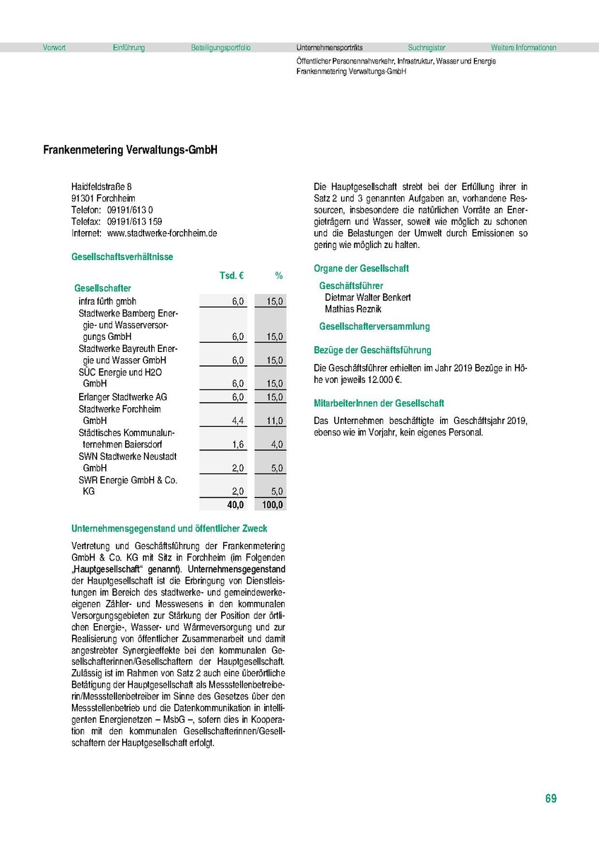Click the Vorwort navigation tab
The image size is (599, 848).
[x=54, y=48]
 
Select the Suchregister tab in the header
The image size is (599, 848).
[x=427, y=48]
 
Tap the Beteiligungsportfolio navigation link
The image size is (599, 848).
[x=220, y=48]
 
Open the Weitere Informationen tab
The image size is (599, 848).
[x=523, y=48]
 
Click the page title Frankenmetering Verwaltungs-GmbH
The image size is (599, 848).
[x=130, y=151]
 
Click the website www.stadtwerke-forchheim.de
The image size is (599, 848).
[x=162, y=232]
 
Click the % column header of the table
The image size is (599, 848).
[x=278, y=275]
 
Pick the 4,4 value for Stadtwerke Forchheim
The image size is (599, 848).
[x=238, y=421]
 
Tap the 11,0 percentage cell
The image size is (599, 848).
[x=275, y=421]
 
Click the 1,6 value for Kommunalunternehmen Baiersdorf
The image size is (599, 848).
[x=238, y=444]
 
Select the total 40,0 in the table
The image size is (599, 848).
[x=235, y=505]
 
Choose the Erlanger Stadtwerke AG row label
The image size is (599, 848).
[x=123, y=397]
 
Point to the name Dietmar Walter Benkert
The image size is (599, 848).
[x=367, y=298]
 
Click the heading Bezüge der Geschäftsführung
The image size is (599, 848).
[x=372, y=350]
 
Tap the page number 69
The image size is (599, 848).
[x=551, y=799]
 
